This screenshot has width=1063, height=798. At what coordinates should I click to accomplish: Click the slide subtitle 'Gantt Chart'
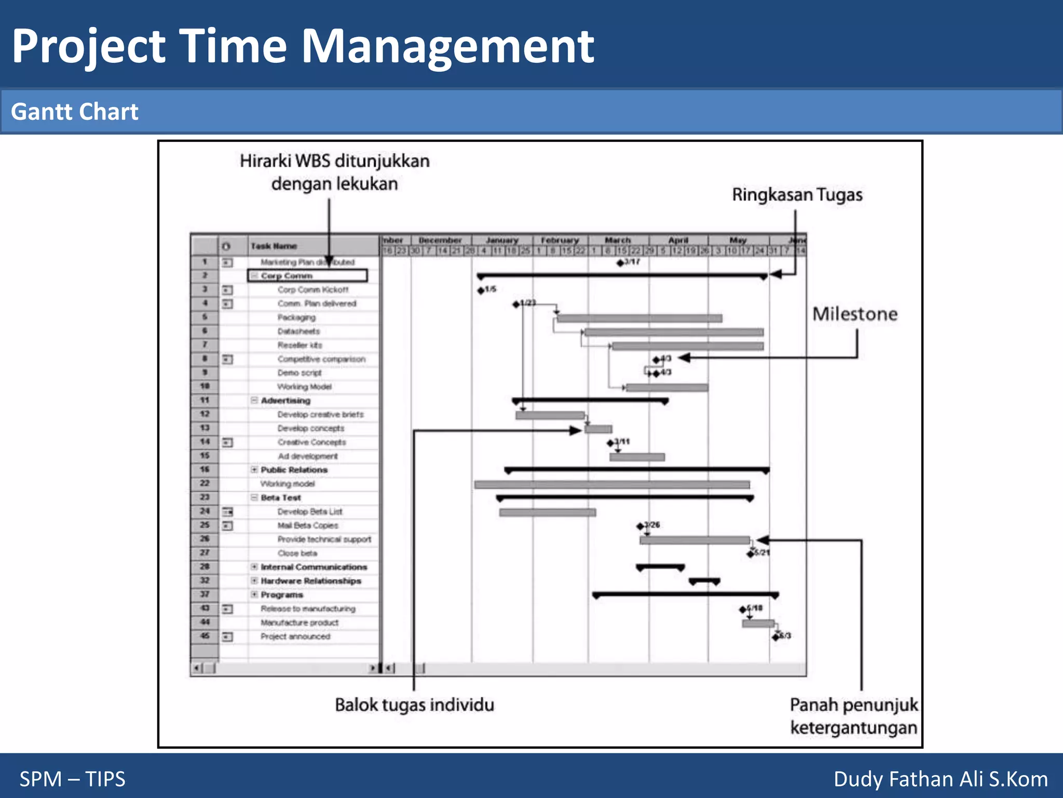(75, 112)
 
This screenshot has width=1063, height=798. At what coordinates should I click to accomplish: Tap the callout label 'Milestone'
(855, 314)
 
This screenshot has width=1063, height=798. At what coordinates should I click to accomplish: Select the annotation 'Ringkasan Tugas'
(797, 195)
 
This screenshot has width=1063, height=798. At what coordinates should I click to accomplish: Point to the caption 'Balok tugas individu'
(414, 705)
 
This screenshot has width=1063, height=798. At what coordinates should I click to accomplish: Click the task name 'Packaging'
(296, 317)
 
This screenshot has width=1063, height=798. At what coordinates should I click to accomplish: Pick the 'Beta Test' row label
(281, 498)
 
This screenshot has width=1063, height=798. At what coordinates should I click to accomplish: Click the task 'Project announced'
(295, 636)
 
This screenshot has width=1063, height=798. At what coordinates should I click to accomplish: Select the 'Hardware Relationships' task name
(311, 581)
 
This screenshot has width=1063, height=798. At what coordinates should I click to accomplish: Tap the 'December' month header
(440, 241)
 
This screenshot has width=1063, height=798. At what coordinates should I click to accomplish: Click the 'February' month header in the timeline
(560, 241)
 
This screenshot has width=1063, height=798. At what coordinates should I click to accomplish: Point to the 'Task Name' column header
(274, 246)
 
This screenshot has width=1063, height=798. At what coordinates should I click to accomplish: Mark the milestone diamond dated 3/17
(620, 263)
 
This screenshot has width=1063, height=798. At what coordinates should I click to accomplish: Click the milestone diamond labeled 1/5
(481, 290)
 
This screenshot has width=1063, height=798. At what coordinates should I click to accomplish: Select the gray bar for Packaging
(639, 318)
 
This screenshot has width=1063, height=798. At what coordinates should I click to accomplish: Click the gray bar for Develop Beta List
(547, 513)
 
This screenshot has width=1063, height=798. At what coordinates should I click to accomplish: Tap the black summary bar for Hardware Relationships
(704, 581)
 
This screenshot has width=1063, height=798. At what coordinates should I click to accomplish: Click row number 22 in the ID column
(205, 484)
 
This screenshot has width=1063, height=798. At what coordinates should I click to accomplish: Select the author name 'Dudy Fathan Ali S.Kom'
(941, 779)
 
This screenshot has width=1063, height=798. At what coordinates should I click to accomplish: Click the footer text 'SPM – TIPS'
(73, 779)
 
